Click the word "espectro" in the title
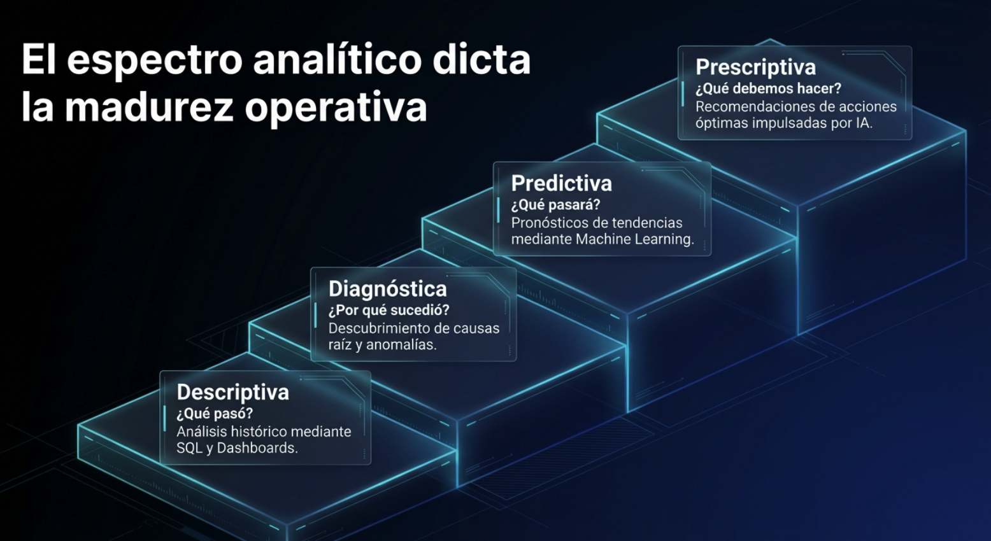click(154, 60)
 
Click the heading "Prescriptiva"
click(755, 67)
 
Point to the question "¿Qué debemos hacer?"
click(768, 89)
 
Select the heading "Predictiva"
click(562, 183)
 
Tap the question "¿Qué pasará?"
click(555, 205)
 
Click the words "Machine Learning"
click(634, 239)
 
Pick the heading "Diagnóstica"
click(388, 289)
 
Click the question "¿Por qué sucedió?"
click(389, 311)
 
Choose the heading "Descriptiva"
click(232, 393)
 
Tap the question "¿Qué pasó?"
click(215, 414)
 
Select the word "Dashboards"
click(257, 448)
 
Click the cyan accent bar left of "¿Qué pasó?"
click(164, 418)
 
